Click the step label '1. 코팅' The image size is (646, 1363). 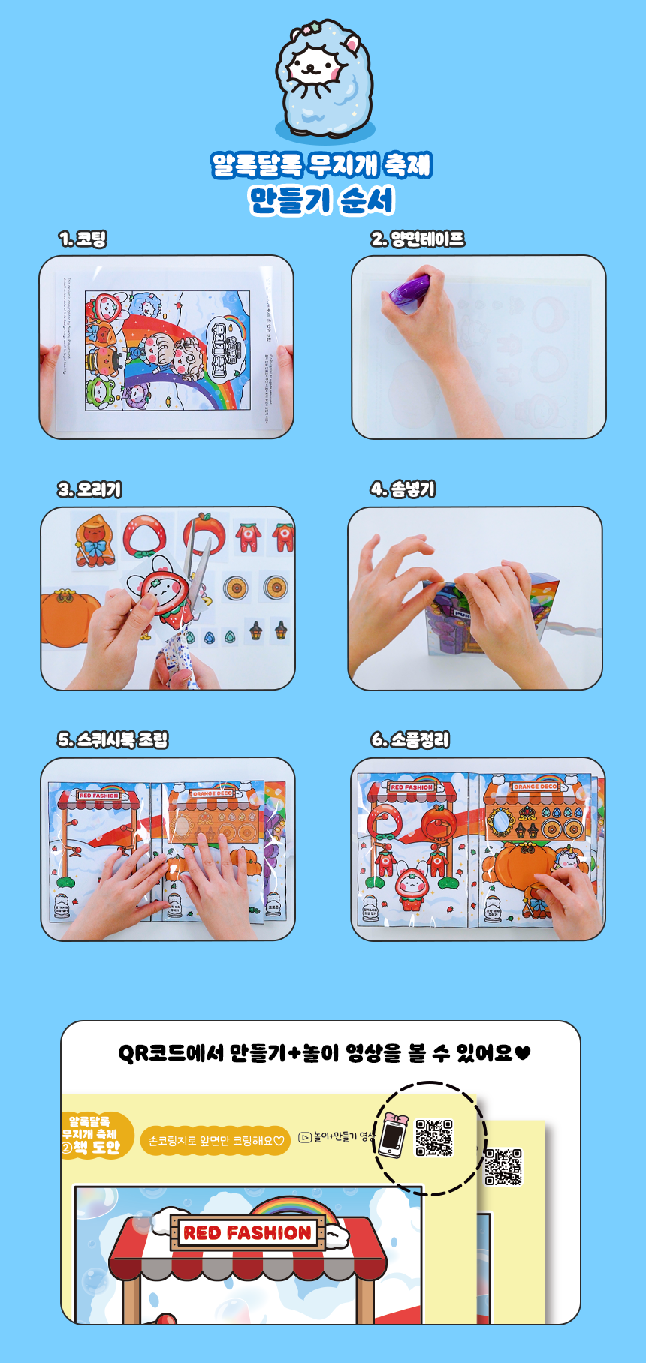coord(83,239)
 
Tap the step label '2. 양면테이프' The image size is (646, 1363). coord(418,239)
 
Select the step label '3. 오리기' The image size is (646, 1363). coord(89,489)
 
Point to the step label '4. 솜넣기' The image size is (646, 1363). coord(403,489)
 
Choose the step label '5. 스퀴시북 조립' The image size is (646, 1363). coord(113,739)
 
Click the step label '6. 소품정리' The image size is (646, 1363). coord(410,739)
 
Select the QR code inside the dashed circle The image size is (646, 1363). coord(434,1138)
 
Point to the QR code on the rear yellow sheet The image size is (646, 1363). coord(503,1166)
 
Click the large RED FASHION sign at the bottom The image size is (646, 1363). coord(247,1232)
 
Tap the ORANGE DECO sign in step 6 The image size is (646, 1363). coord(536,787)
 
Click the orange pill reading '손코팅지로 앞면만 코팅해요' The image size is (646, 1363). coord(215,1140)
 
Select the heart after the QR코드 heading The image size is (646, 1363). coord(524,1053)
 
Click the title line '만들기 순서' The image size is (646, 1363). coord(321,200)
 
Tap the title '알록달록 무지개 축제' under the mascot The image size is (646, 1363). coord(321,164)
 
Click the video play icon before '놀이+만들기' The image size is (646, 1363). coord(305,1137)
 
